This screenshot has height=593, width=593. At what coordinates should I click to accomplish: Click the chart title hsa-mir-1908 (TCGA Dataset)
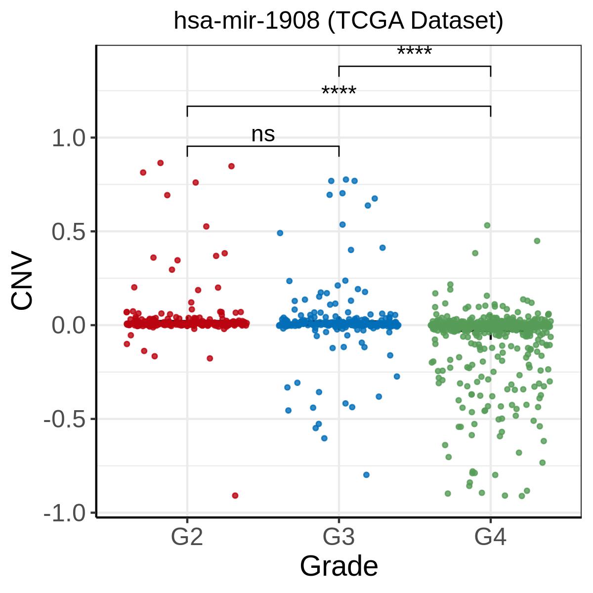point(338,21)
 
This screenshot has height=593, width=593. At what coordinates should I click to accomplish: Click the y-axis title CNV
point(22,280)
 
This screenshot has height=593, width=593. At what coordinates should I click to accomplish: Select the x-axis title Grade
point(339,566)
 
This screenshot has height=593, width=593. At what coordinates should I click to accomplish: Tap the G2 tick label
point(187,537)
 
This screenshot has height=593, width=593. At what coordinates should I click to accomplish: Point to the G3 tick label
point(339,537)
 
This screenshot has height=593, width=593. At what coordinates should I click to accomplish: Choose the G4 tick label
point(490,537)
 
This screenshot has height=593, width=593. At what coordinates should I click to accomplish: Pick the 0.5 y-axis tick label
point(68,232)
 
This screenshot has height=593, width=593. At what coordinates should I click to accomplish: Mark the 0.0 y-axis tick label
point(68,326)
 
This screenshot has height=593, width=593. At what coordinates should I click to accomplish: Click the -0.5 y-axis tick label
point(65,420)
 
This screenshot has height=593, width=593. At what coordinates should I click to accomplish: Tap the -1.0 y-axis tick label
point(65,513)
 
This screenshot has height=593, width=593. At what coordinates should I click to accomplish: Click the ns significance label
point(263,134)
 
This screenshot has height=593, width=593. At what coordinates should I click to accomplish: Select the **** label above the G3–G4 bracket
point(415,51)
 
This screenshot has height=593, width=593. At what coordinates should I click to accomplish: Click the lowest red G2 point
point(235,496)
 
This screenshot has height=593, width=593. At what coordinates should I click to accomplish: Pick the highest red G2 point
point(160,163)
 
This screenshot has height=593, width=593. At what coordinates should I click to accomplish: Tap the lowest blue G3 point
point(366,475)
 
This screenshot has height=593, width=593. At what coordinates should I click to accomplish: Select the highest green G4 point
point(487,225)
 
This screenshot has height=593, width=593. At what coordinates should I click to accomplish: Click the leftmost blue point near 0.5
point(280,233)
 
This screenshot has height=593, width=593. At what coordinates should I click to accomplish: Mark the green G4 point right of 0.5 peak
point(537,241)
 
